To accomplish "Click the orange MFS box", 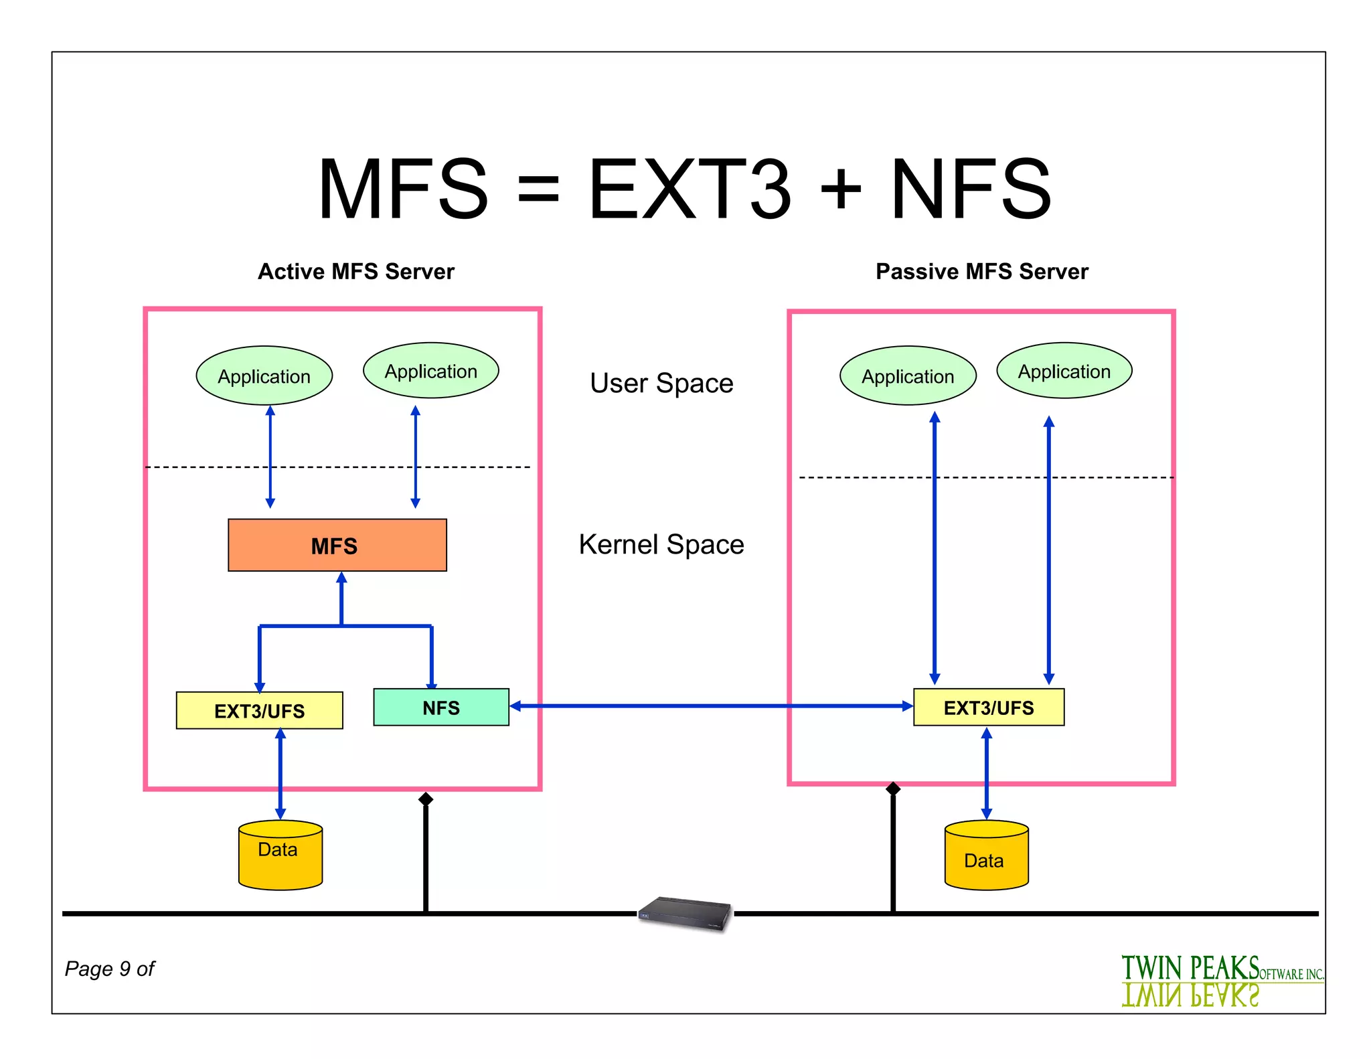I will (337, 545).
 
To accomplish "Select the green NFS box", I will (441, 707).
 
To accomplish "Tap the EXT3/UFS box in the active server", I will (259, 710).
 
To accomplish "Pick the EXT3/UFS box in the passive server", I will (988, 707).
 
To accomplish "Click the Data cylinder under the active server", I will (280, 856).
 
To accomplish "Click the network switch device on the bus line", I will (685, 913).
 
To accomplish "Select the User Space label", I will (661, 384).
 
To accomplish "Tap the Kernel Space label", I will (661, 544).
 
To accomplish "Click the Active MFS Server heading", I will (356, 271).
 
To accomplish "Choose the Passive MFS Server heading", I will (982, 271).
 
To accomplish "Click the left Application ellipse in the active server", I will (264, 376).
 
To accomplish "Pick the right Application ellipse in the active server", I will (430, 371).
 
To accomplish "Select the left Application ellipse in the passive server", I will (908, 376).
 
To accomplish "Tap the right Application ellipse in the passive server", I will (1064, 371).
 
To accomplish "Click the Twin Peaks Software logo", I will (1222, 980).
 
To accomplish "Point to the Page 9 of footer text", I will (110, 969).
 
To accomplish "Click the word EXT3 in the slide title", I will (690, 189).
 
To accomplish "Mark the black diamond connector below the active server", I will (426, 799).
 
